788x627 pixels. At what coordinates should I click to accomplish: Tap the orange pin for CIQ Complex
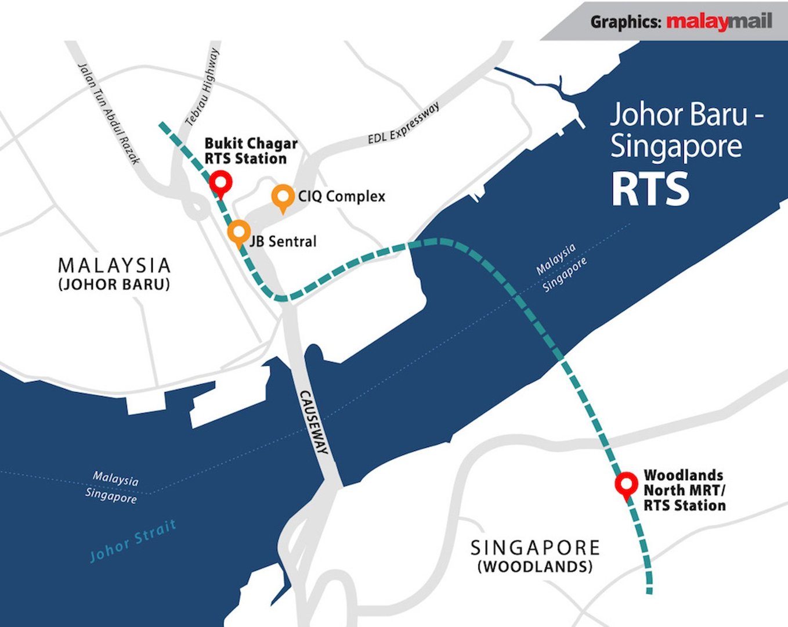(283, 196)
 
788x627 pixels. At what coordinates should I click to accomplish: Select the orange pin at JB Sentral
(238, 232)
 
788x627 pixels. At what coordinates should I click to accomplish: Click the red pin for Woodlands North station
(626, 484)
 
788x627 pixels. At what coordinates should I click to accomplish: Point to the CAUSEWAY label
(314, 422)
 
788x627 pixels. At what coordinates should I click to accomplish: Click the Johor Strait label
(133, 541)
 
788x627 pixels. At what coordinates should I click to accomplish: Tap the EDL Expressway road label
(404, 123)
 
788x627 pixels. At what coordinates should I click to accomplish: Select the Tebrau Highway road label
(203, 87)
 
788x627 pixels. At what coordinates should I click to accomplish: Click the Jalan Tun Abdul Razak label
(109, 113)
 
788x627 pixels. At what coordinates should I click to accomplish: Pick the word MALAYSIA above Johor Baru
(114, 266)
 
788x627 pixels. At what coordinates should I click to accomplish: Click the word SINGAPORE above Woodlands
(535, 547)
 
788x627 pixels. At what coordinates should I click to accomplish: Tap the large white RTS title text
(650, 189)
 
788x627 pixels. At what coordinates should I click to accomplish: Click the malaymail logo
(719, 21)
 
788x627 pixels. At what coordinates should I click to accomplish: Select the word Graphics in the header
(626, 22)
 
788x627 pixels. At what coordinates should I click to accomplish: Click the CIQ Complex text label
(341, 196)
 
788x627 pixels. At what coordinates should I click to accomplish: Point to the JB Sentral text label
(283, 241)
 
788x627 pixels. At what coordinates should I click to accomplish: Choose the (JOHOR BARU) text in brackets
(114, 284)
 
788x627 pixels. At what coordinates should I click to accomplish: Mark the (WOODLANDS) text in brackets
(535, 567)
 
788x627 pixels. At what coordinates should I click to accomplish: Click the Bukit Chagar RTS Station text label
(251, 151)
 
